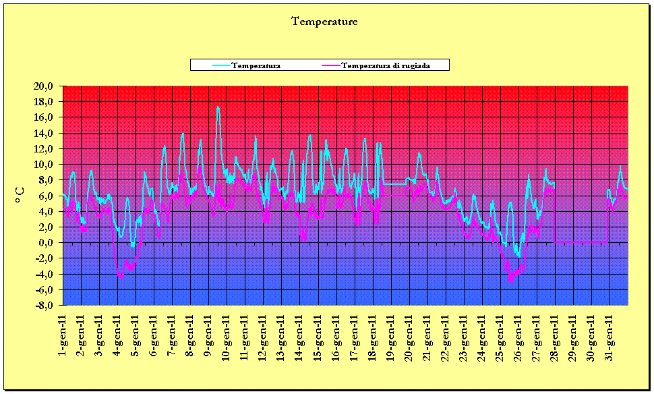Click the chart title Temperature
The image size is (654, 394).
[x=324, y=22]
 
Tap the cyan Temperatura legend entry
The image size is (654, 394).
[x=256, y=65]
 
